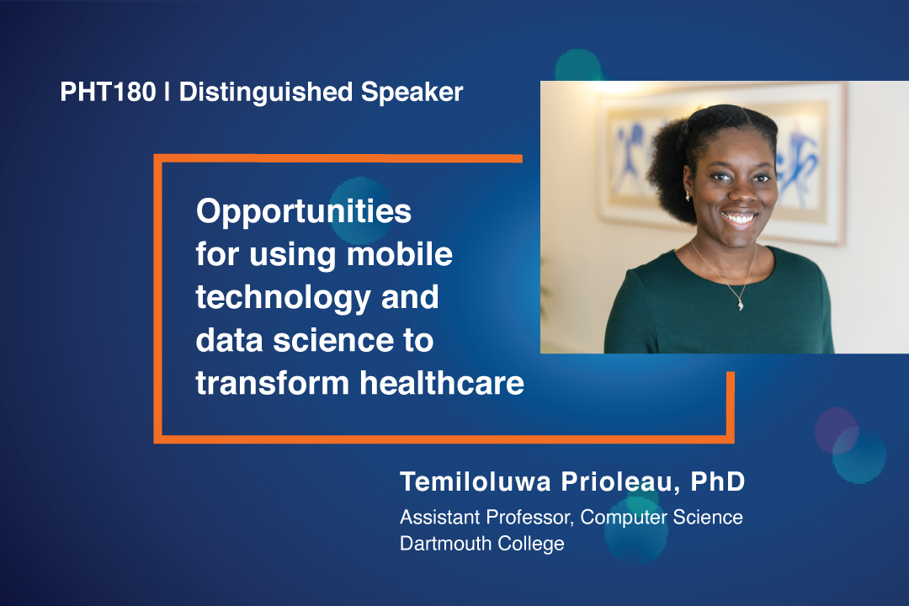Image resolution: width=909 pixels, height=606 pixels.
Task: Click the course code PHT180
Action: [x=108, y=93]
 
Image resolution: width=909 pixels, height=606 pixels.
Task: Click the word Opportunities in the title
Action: [x=304, y=212]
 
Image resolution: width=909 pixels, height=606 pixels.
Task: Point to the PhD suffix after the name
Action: [x=718, y=482]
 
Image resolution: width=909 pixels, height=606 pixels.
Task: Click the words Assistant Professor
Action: [x=486, y=517]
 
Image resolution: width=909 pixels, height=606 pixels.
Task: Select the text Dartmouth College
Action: [x=481, y=544]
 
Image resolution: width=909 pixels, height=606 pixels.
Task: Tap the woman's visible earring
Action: [x=688, y=197]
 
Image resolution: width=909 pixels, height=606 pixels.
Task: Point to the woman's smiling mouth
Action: [x=738, y=218]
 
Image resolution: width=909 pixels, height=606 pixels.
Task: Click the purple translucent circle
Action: [x=835, y=428]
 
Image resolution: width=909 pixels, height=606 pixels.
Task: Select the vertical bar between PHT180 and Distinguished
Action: [x=167, y=93]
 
